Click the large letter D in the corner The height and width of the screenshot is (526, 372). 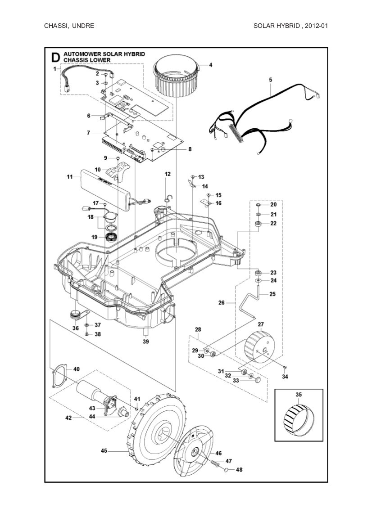coord(55,57)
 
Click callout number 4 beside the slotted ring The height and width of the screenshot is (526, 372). coord(211,65)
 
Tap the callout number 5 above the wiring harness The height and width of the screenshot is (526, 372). coord(270,80)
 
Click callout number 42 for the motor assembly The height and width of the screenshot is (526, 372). coord(68,418)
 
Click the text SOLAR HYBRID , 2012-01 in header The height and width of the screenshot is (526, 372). coord(290,26)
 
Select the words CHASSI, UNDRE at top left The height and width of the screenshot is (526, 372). coord(69,26)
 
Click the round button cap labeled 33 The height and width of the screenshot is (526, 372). coord(258,380)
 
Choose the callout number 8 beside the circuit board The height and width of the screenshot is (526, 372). coord(190,149)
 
